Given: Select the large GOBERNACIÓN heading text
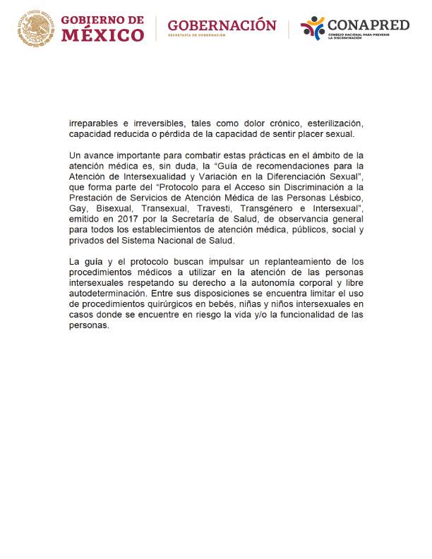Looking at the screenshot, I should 222,25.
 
